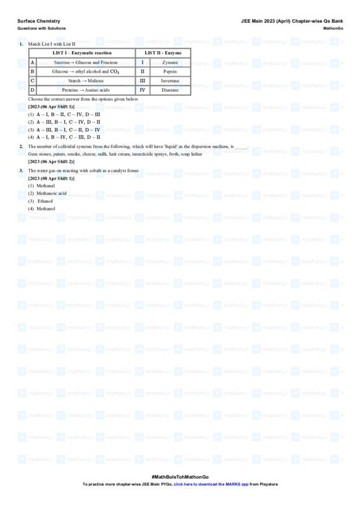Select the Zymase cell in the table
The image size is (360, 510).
pyautogui.click(x=170, y=62)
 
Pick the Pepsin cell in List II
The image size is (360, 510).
pyautogui.click(x=170, y=72)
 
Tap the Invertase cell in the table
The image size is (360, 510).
pyautogui.click(x=170, y=81)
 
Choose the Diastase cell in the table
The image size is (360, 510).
pyautogui.click(x=170, y=91)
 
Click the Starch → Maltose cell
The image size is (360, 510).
pyautogui.click(x=85, y=81)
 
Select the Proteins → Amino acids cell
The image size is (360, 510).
pyautogui.click(x=85, y=91)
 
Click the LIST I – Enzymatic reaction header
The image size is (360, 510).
pyautogui.click(x=82, y=52)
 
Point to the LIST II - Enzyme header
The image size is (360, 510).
pyautogui.click(x=163, y=52)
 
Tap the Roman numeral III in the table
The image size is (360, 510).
pyautogui.click(x=142, y=81)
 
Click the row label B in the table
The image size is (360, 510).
pyautogui.click(x=32, y=72)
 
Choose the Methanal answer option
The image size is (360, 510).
pyautogui.click(x=46, y=186)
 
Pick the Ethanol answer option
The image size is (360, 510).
pyautogui.click(x=45, y=201)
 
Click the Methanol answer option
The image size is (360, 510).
pyautogui.click(x=46, y=208)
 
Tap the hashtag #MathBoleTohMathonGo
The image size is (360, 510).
pyautogui.click(x=180, y=477)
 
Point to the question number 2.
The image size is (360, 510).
pyautogui.click(x=21, y=146)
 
